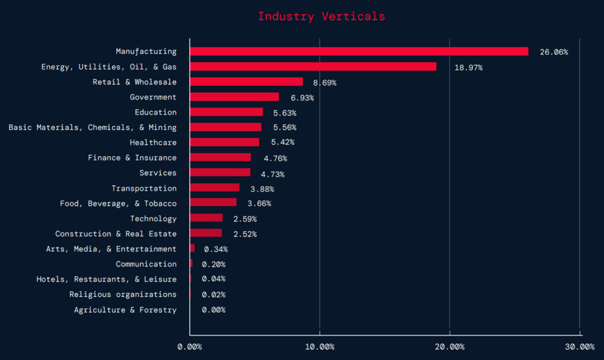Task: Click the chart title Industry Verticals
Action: (x=321, y=16)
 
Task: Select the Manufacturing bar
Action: (x=359, y=51)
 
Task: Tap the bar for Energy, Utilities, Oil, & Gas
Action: (x=313, y=67)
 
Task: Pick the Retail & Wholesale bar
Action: (x=246, y=82)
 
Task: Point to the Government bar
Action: (x=234, y=97)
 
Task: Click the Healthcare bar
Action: (x=224, y=142)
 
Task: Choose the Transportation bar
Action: (x=214, y=188)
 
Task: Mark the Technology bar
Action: (x=206, y=218)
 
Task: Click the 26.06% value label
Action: (x=553, y=52)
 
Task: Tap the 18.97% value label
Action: (x=468, y=67)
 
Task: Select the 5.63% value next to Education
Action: (x=284, y=113)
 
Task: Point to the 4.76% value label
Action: (x=275, y=158)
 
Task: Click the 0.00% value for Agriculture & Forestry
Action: (x=213, y=310)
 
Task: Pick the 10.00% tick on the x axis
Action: (x=320, y=346)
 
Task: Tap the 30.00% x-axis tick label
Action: (x=579, y=346)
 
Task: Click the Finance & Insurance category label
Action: (x=132, y=158)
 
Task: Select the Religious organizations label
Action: (x=122, y=294)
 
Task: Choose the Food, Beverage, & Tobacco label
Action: (x=118, y=203)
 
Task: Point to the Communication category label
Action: (x=146, y=264)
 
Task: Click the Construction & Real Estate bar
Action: (x=205, y=233)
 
